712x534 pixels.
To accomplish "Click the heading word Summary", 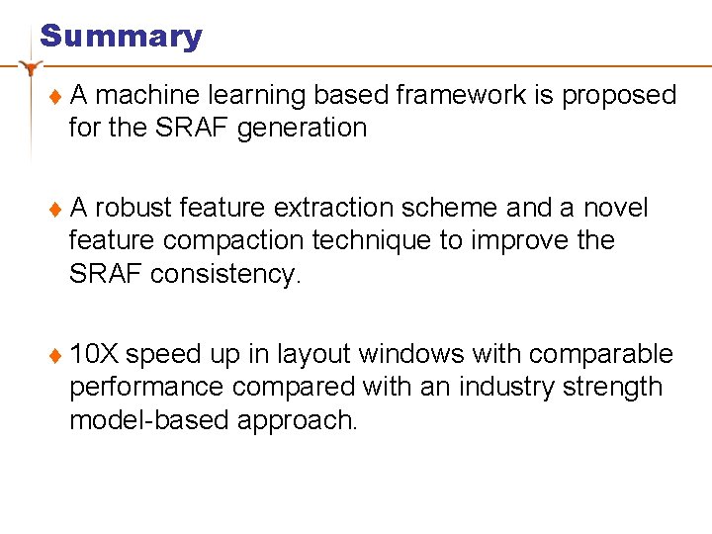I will pyautogui.click(x=121, y=37).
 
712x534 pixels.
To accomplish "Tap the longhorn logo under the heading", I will pyautogui.click(x=33, y=67).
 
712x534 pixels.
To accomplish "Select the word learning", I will pyautogui.click(x=255, y=95).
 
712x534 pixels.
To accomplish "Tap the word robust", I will pyautogui.click(x=134, y=208).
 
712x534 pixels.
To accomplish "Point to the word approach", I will pyautogui.click(x=297, y=420).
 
